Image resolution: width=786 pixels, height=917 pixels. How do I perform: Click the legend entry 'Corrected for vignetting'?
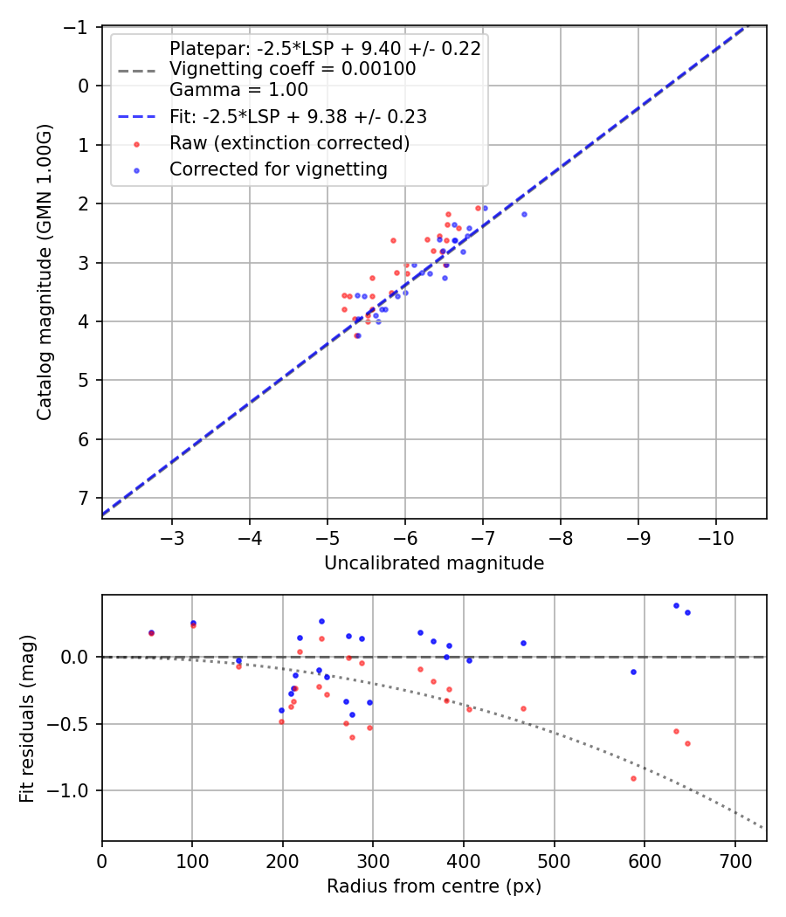coord(278,169)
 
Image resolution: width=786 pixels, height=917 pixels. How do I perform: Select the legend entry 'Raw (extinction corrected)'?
coord(289,142)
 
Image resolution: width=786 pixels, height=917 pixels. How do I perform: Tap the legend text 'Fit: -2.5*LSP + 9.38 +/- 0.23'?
coord(298,115)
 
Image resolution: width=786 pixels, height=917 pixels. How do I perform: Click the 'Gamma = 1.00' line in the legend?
coord(238,89)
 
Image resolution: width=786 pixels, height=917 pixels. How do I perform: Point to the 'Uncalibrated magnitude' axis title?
coord(434,563)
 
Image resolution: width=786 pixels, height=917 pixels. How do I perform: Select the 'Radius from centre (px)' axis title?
coord(434,886)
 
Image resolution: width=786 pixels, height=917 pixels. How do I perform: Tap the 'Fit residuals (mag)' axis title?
coord(27,718)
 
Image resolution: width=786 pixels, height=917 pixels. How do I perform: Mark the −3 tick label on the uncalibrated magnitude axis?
coord(172,534)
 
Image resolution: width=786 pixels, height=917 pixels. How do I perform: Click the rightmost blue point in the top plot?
coord(524,214)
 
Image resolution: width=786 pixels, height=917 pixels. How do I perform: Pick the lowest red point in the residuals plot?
coord(633,778)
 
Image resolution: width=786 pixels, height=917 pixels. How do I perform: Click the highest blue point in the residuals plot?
coord(676,605)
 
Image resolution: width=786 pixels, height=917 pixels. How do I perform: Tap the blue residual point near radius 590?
coord(633,672)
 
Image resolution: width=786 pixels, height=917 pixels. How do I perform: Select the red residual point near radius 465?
coord(523,708)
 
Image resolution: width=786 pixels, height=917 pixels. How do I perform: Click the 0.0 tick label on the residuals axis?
coord(78,656)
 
